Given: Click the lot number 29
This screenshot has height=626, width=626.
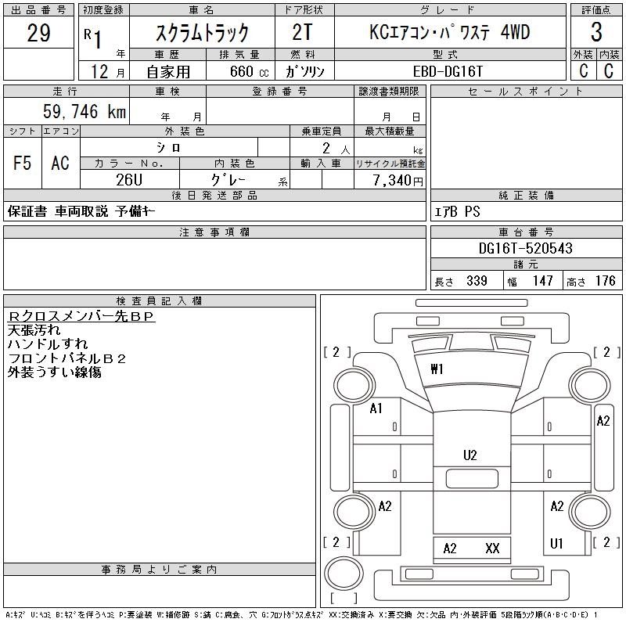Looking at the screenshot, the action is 38,33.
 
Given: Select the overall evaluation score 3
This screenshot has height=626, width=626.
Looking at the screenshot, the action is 596,33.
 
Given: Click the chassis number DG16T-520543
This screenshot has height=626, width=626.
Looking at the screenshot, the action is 525,248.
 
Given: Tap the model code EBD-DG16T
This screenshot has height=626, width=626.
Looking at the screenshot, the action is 448,70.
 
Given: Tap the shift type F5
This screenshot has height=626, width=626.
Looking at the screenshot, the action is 22,163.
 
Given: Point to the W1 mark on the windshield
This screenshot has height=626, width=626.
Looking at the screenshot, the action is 437,369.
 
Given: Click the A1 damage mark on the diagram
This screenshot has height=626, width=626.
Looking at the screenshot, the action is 376,408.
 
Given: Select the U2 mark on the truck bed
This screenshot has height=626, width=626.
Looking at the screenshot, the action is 469,455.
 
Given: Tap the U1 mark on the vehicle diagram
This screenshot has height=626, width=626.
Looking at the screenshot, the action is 556,542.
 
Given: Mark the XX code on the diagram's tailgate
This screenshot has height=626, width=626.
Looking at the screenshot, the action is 492,548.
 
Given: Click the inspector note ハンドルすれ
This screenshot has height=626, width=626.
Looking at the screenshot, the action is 48,344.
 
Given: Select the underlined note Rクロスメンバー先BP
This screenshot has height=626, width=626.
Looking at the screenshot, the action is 81,316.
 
